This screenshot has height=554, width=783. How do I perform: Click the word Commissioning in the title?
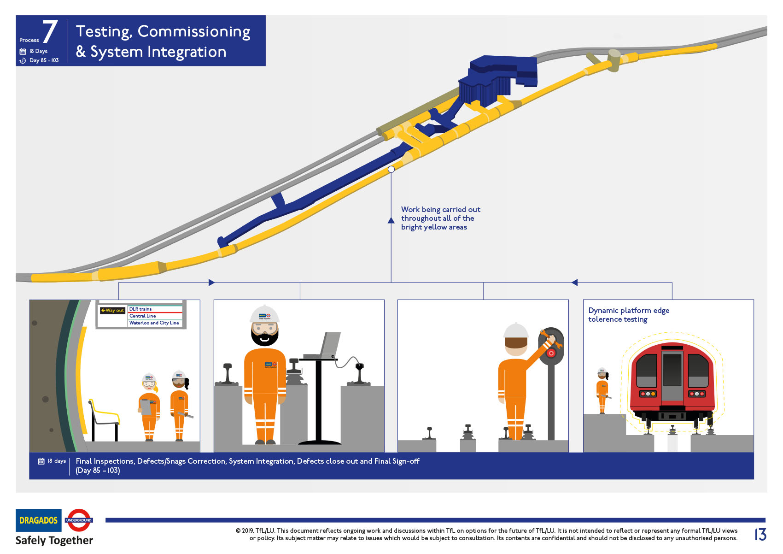[x=194, y=31]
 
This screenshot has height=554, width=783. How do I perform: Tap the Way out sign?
[x=112, y=310]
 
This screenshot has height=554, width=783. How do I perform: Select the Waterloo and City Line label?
[x=154, y=323]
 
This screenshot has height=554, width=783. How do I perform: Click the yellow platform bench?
[x=105, y=417]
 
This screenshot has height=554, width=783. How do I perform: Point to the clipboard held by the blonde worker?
[x=146, y=407]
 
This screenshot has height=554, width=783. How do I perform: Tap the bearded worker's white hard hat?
[x=264, y=314]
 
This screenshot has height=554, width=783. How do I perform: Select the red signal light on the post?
[x=551, y=354]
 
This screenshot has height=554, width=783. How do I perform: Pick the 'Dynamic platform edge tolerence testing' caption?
[x=629, y=315]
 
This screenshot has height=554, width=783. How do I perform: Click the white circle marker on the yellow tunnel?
[x=391, y=169]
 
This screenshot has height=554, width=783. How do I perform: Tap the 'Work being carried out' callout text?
[x=440, y=218]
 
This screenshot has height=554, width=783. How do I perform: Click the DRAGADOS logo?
[x=39, y=520]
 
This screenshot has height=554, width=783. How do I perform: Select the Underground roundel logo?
[x=79, y=520]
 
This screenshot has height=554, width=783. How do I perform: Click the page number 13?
[x=760, y=534]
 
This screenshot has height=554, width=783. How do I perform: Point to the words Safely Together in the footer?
[x=54, y=540]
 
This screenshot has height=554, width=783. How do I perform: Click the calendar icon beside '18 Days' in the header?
[x=23, y=51]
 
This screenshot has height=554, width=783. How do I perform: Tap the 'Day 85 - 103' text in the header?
[x=44, y=60]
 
